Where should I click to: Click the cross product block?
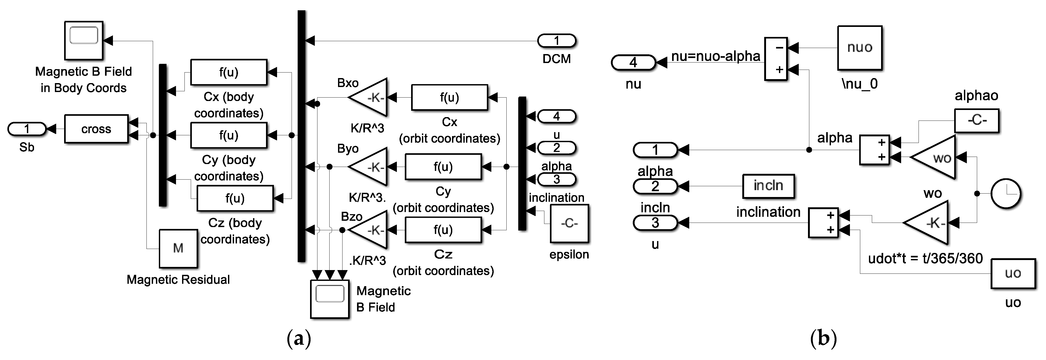(x=96, y=129)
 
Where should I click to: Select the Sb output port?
(x=27, y=129)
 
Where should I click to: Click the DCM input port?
(x=556, y=41)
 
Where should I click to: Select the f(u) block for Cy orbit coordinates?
(x=443, y=167)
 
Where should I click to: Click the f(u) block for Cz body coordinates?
(x=235, y=199)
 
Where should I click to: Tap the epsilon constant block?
(x=569, y=224)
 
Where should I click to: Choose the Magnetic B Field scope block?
(x=330, y=299)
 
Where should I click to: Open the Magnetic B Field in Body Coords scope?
(x=84, y=40)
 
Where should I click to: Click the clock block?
(x=1006, y=194)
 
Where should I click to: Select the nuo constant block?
(x=860, y=48)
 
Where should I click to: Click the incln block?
(x=768, y=186)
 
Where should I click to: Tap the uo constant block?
(x=1013, y=273)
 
